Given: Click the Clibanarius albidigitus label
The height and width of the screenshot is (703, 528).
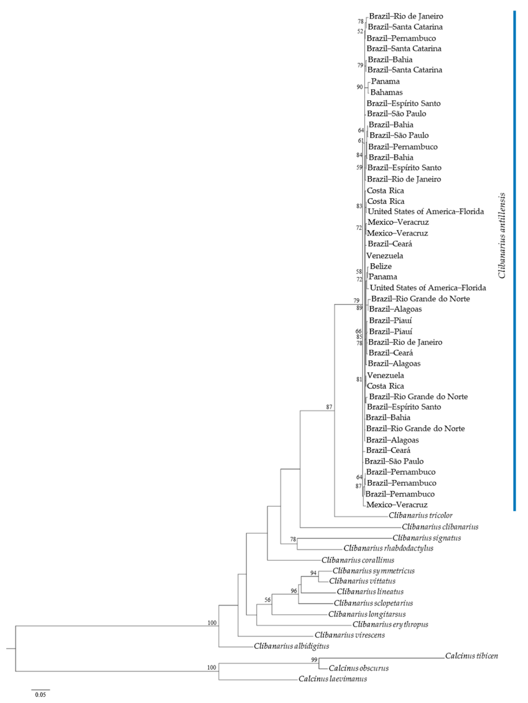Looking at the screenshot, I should click(291, 646).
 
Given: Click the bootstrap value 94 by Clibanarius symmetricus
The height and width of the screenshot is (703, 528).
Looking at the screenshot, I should click(313, 573).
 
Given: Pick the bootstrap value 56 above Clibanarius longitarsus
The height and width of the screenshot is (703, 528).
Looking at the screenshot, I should click(268, 600).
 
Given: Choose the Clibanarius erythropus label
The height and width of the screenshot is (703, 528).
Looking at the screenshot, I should click(390, 624).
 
